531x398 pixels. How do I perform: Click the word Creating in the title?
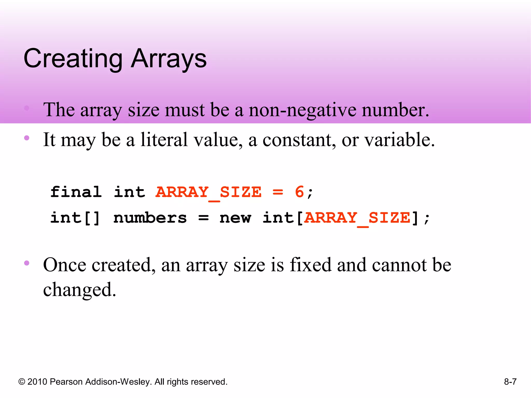[73, 59]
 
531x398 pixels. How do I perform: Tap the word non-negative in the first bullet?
[302, 110]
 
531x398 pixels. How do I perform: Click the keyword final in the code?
[76, 192]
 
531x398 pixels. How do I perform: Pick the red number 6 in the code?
[299, 192]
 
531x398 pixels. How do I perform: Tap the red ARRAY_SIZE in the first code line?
[208, 192]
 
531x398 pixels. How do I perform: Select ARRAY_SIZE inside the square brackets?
[357, 218]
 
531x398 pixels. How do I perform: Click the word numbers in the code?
[150, 218]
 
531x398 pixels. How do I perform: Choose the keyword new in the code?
[235, 218]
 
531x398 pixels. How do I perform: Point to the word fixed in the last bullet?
[310, 265]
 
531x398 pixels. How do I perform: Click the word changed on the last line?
[79, 290]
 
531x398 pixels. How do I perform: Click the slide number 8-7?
[510, 382]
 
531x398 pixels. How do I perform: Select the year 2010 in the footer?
[37, 382]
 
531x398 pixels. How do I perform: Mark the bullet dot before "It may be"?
[27, 138]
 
